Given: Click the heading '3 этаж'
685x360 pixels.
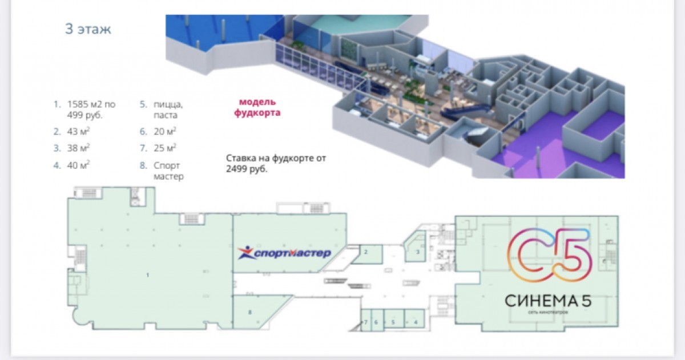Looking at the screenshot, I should click(x=88, y=30).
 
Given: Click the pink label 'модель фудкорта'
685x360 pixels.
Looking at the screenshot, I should click(x=257, y=107).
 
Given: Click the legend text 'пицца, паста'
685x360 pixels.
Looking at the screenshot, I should click(x=168, y=110).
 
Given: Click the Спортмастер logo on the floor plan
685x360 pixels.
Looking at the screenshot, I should click(x=284, y=252).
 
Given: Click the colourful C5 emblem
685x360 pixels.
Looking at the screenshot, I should click(x=550, y=257).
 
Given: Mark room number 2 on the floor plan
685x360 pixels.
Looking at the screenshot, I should click(x=366, y=252).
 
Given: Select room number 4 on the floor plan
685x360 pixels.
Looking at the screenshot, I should click(x=416, y=322).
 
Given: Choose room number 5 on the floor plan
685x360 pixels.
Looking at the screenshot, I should click(x=393, y=322).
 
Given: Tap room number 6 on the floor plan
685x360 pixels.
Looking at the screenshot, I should click(x=376, y=322).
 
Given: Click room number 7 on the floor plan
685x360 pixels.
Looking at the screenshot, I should click(x=365, y=322).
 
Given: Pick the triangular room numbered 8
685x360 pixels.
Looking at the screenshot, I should click(x=249, y=313).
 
